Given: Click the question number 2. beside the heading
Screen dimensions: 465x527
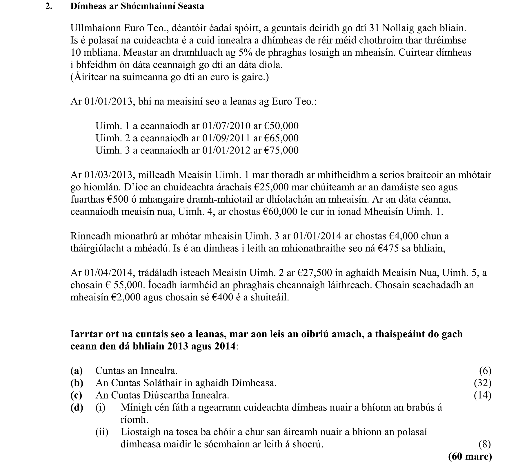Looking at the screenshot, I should pyautogui.click(x=49, y=6).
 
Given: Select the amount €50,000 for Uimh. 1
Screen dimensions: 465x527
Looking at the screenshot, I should pyautogui.click(x=281, y=126).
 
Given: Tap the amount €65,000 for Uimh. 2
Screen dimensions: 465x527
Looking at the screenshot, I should pyautogui.click(x=281, y=138).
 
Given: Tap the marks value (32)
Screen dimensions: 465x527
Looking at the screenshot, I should pyautogui.click(x=482, y=383).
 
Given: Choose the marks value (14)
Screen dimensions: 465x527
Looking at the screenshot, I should pyautogui.click(x=482, y=395).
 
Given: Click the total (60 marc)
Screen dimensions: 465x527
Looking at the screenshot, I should pyautogui.click(x=470, y=457).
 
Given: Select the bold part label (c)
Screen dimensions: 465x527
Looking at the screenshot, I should pyautogui.click(x=77, y=395).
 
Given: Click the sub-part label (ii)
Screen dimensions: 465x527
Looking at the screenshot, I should pyautogui.click(x=102, y=432).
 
